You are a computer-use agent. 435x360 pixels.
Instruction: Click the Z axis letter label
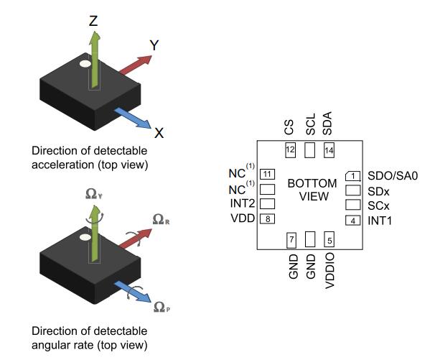93,21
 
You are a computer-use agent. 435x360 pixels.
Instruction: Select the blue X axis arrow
134,118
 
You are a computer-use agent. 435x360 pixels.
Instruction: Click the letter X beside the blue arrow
159,133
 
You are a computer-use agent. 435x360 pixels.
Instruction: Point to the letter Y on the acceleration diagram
154,45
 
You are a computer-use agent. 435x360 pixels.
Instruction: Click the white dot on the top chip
85,64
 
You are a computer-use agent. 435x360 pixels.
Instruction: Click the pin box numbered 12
291,150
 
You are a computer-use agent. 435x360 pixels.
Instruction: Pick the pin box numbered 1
352,175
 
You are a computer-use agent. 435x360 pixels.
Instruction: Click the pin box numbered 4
352,220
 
